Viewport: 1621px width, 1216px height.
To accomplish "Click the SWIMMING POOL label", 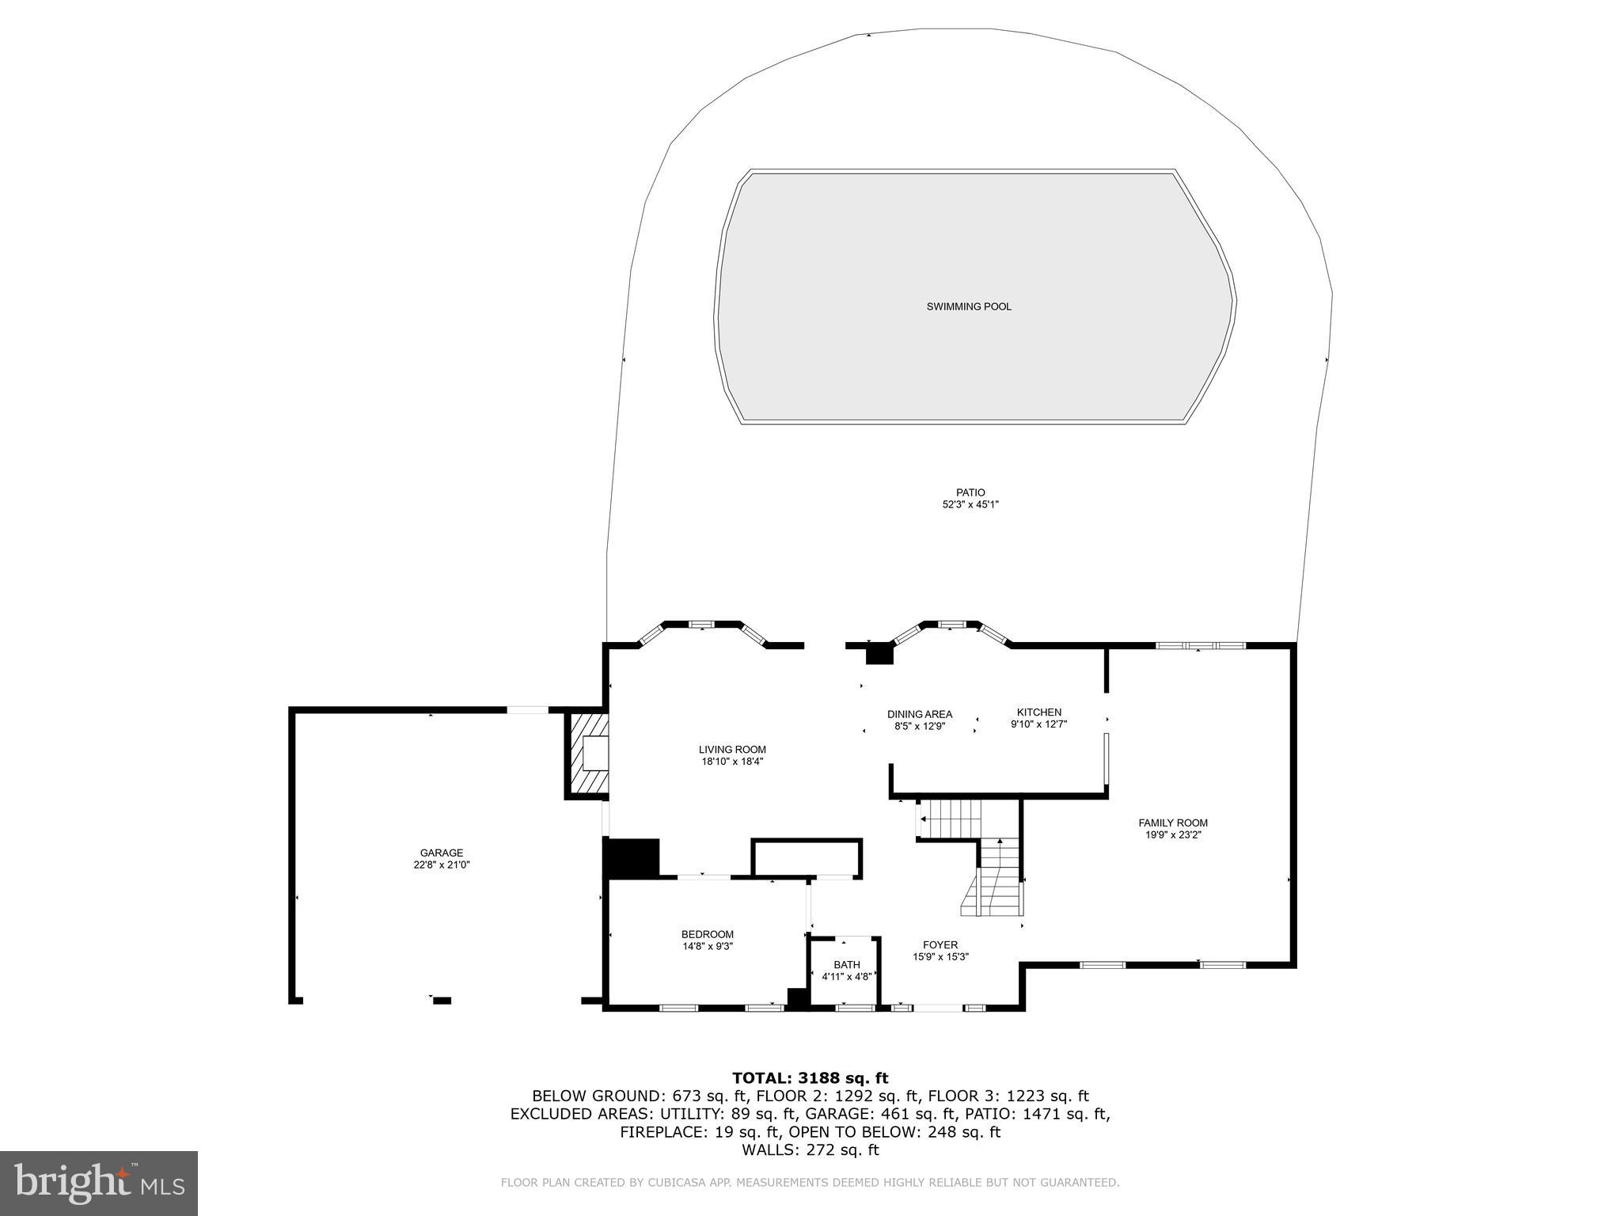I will [x=969, y=306].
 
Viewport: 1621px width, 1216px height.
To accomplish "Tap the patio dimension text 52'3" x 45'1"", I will [x=970, y=504].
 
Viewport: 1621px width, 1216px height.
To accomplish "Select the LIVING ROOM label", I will [x=732, y=750].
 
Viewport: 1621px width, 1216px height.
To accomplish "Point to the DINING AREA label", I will [x=919, y=714].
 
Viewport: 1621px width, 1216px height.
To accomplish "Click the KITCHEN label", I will [x=1038, y=712].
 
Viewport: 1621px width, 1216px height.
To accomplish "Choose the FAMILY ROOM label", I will [x=1173, y=823].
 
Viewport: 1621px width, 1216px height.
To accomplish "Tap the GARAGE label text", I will [x=442, y=853].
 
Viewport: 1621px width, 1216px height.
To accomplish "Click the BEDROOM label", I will [x=708, y=934].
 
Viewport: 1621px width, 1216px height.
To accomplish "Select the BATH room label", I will [x=846, y=965].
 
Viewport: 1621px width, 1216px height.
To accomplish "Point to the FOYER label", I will [x=940, y=944].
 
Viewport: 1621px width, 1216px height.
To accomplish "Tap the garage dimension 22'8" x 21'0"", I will [x=442, y=865].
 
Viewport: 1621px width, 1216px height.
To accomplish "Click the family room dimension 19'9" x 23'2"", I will [x=1173, y=834].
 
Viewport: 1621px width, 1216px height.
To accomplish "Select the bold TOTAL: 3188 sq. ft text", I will [x=810, y=1077].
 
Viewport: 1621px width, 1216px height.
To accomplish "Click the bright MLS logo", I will [x=99, y=1183].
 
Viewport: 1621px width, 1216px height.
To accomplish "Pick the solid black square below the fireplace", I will [x=631, y=857].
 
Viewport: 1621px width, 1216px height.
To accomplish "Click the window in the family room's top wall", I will [x=1200, y=645].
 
